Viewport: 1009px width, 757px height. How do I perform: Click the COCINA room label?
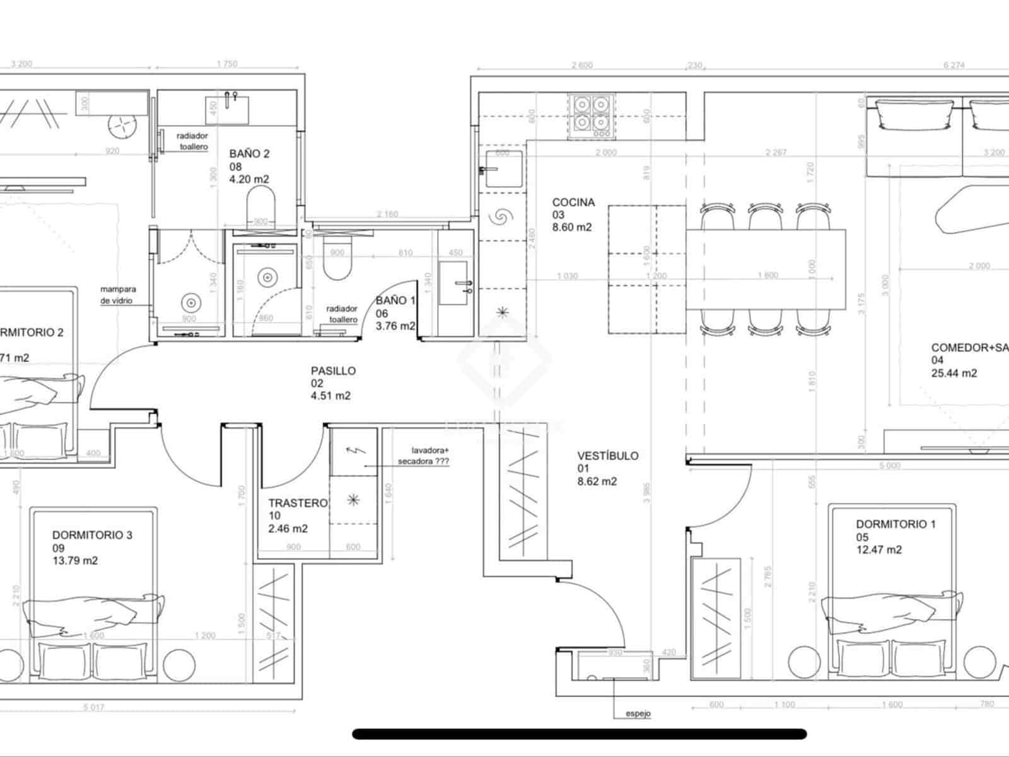pyautogui.click(x=573, y=202)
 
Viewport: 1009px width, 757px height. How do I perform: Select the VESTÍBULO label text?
pyautogui.click(x=607, y=455)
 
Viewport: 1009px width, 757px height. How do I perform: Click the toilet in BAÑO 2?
pyautogui.click(x=261, y=206)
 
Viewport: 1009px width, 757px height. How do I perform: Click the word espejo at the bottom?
pyautogui.click(x=638, y=714)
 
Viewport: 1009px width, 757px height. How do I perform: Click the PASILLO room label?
pyautogui.click(x=333, y=371)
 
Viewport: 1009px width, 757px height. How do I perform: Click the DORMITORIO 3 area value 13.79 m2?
pyautogui.click(x=75, y=560)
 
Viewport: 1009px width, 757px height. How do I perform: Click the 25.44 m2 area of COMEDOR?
pyautogui.click(x=954, y=373)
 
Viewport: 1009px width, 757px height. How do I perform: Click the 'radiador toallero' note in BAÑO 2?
pyautogui.click(x=192, y=141)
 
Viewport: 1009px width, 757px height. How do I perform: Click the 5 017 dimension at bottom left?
pyautogui.click(x=93, y=707)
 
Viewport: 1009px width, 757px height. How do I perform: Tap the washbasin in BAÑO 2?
pyautogui.click(x=228, y=109)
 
